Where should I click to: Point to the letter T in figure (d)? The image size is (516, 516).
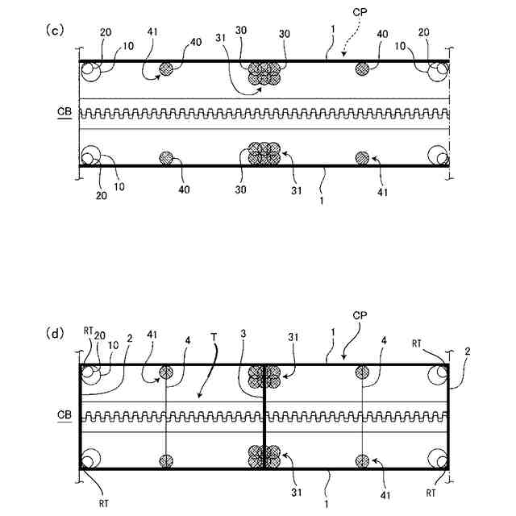pyautogui.click(x=214, y=335)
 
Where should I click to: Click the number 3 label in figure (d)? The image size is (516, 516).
pyautogui.click(x=242, y=335)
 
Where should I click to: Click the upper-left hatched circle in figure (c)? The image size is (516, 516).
pyautogui.click(x=167, y=69)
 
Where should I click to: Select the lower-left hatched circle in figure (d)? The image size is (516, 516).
pyautogui.click(x=167, y=460)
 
